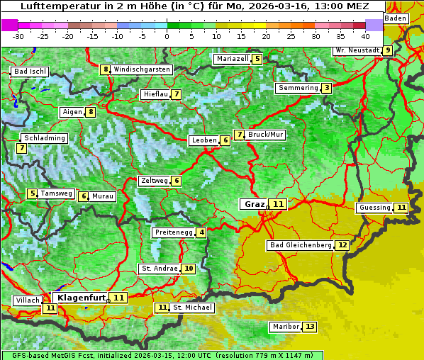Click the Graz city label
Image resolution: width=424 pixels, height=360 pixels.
point(254,204)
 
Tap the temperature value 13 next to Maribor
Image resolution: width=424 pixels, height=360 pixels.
point(310,327)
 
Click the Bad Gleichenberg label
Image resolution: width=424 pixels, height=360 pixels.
point(300,245)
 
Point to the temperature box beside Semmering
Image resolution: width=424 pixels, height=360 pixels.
point(326,88)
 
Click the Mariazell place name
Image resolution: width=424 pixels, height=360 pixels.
point(232,59)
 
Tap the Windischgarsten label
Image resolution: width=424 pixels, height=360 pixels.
point(142,69)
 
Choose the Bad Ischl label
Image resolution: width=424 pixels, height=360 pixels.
point(30,72)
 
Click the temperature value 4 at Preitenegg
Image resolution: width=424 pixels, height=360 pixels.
point(202,232)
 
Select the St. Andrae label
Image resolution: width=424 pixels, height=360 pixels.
point(159,269)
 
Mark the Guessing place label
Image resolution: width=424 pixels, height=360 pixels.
point(375,208)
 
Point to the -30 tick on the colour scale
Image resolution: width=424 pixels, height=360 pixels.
point(18,35)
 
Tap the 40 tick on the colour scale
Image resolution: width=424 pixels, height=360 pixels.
point(365,35)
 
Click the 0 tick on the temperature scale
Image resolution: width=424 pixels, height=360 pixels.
point(167,35)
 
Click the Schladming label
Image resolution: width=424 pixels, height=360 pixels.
point(44,138)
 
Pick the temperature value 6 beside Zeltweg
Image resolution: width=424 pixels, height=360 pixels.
point(177,181)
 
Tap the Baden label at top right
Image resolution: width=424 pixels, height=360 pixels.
point(396,18)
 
